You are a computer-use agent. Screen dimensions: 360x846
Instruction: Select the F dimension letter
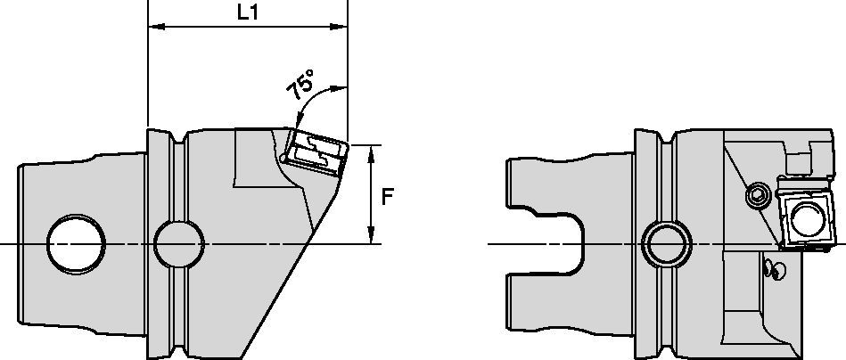click(387, 197)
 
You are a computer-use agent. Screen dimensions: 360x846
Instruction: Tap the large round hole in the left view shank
click(78, 243)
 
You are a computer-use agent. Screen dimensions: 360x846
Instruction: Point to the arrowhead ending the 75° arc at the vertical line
click(341, 88)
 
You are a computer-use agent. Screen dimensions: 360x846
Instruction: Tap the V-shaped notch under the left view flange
click(182, 350)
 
